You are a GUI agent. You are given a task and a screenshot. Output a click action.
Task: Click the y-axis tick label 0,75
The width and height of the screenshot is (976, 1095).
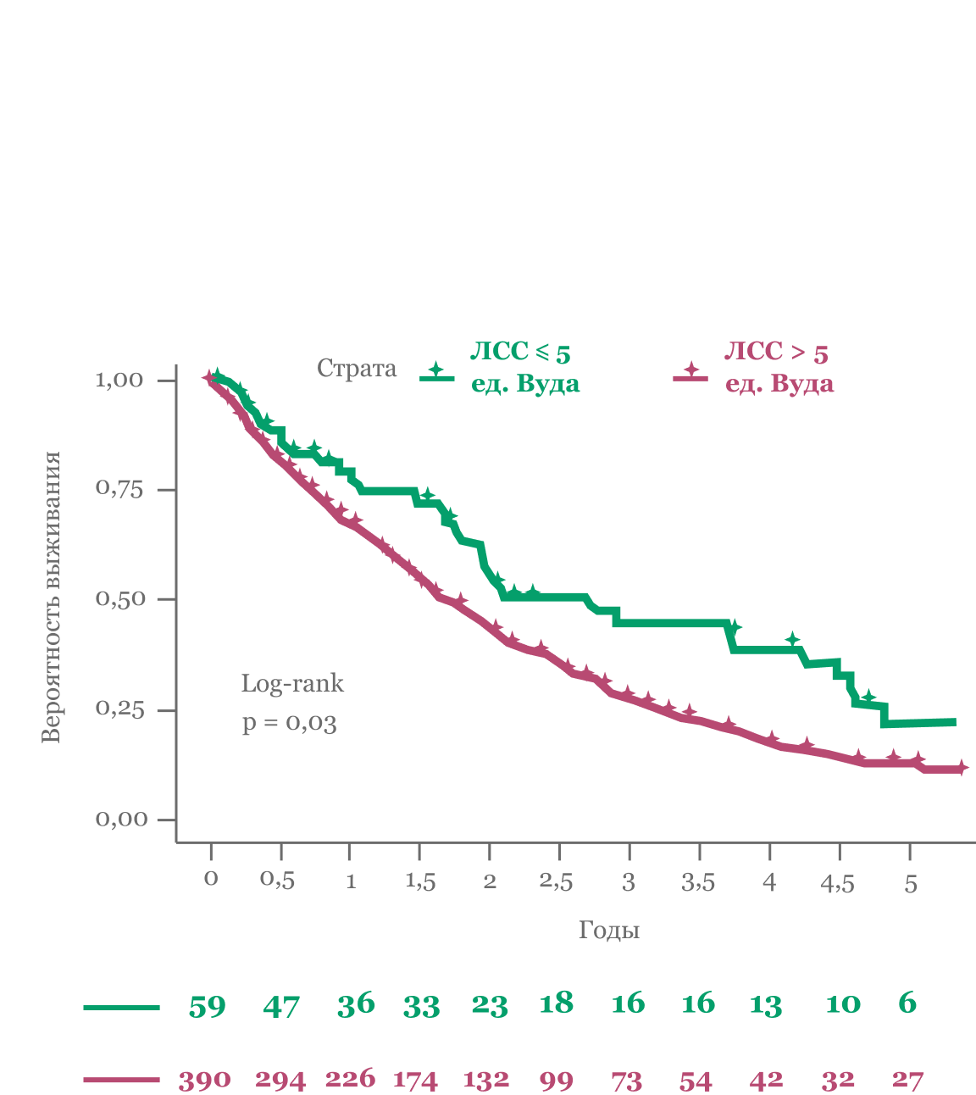(119, 489)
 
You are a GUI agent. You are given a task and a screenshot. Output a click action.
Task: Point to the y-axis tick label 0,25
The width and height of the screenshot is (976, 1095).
(119, 709)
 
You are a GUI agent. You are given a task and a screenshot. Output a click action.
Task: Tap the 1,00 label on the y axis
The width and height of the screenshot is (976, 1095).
(119, 380)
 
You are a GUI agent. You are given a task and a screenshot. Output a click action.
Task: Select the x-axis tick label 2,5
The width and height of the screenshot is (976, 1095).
(556, 881)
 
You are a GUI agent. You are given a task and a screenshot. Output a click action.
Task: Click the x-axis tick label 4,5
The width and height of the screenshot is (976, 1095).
(837, 883)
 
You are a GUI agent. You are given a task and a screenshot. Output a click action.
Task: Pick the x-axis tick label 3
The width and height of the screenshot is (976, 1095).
(628, 882)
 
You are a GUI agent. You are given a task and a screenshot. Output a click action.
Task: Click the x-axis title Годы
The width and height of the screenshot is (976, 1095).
(608, 931)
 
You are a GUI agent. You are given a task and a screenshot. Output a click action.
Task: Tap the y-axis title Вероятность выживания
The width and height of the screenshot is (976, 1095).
(52, 598)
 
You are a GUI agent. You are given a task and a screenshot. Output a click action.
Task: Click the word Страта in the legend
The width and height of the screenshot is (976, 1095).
(357, 369)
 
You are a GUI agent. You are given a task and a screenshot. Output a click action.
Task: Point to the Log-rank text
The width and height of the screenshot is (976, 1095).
(292, 683)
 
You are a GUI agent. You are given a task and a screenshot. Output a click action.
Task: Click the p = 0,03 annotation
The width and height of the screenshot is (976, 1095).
(289, 723)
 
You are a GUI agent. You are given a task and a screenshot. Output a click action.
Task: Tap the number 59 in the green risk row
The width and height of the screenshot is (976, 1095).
(208, 1006)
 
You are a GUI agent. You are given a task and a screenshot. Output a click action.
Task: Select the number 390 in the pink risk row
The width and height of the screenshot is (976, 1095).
(204, 1081)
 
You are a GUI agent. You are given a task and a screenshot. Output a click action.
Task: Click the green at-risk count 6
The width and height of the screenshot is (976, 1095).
(907, 1003)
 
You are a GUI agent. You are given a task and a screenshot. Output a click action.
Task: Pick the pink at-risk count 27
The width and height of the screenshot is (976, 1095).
(907, 1080)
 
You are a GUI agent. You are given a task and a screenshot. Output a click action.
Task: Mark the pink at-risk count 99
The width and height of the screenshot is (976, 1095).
(556, 1081)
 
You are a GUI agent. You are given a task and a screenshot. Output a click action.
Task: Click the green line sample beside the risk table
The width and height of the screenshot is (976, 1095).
(121, 1008)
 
